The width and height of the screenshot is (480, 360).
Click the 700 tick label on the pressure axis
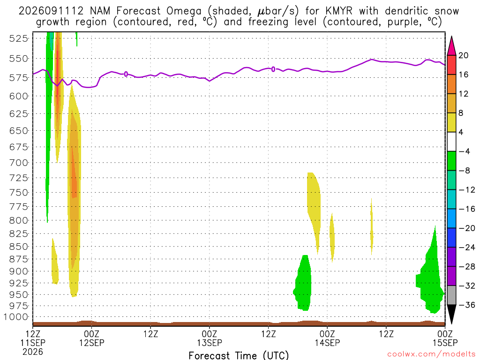pyautogui.click(x=19, y=163)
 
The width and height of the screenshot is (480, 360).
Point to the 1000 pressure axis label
pyautogui.click(x=16, y=317)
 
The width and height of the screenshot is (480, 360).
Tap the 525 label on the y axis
pyautogui.click(x=19, y=38)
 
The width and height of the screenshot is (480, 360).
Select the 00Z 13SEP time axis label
pyautogui.click(x=210, y=338)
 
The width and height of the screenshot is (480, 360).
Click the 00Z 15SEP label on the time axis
pyautogui.click(x=445, y=338)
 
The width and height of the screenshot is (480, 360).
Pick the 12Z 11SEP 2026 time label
pyautogui.click(x=33, y=343)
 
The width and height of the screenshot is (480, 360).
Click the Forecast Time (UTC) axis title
pyautogui.click(x=239, y=355)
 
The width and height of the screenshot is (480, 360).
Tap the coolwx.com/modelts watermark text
pyautogui.click(x=431, y=354)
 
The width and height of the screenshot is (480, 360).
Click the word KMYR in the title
pyautogui.click(x=339, y=11)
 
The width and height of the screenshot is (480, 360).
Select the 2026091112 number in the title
pyautogui.click(x=51, y=11)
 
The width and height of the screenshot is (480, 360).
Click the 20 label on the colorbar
pyautogui.click(x=464, y=55)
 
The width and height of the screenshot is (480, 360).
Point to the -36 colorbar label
pyautogui.click(x=466, y=305)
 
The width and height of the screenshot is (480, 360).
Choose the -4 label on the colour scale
pyautogui.click(x=464, y=151)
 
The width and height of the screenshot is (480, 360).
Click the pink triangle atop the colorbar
pyautogui.click(x=451, y=46)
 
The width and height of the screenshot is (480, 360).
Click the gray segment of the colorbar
pyautogui.click(x=451, y=295)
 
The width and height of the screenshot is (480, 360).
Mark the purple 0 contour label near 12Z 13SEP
pyautogui.click(x=273, y=69)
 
